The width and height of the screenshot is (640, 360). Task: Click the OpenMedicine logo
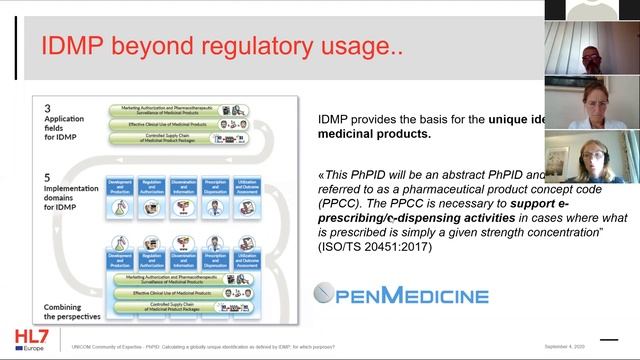click(400, 294)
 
